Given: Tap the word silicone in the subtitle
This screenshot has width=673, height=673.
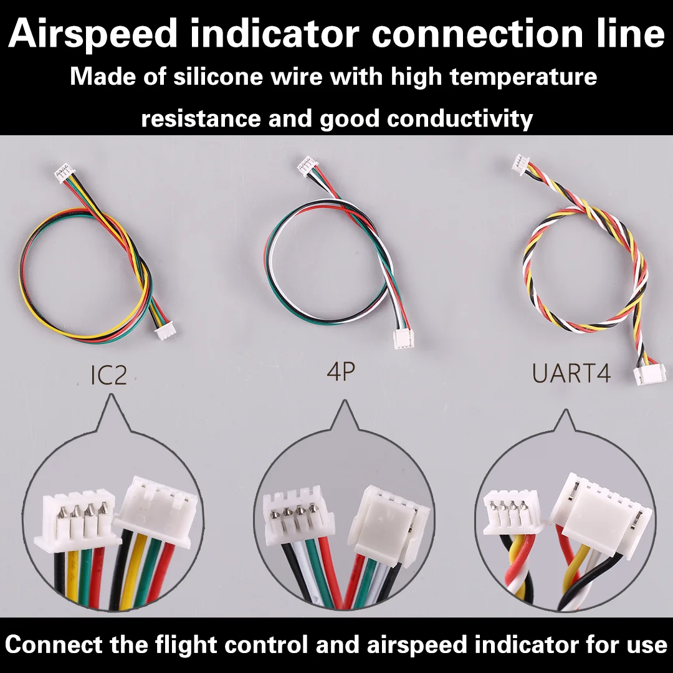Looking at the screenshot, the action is point(234,78).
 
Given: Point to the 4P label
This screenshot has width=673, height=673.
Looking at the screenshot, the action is point(341,372).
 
